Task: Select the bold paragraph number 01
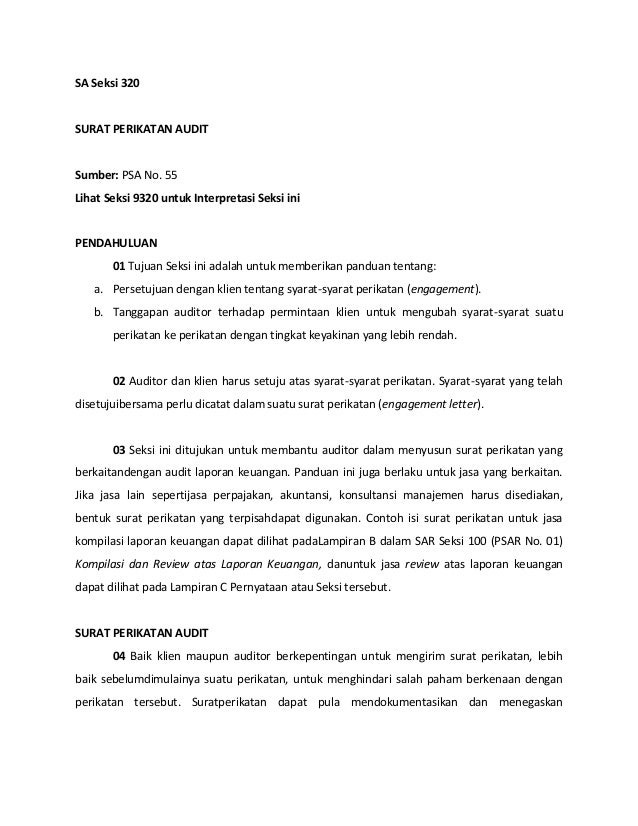(119, 267)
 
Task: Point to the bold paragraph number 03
(119, 450)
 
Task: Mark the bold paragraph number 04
(119, 655)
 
